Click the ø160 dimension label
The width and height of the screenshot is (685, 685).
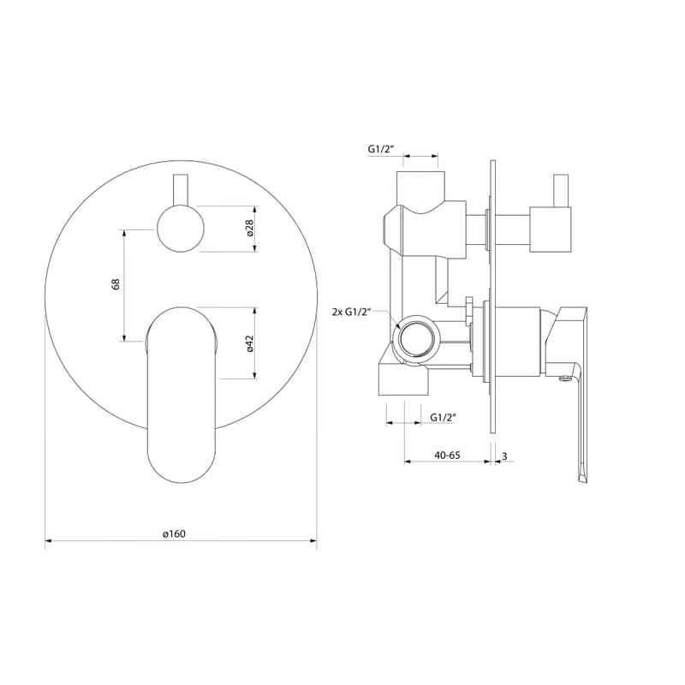pos(175,533)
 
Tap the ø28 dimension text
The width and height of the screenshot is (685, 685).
pos(250,228)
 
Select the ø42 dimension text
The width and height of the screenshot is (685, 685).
pos(250,343)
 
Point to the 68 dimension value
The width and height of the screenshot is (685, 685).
pos(116,284)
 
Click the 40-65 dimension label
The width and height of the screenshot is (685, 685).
pos(447,455)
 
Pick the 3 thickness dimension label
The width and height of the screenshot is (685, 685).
pos(504,456)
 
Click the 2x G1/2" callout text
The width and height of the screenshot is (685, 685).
pos(351,312)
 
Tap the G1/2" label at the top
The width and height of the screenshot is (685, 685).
pos(381,149)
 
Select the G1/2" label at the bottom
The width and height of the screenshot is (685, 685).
pos(443,417)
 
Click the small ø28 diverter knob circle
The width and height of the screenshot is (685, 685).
pos(181,229)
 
